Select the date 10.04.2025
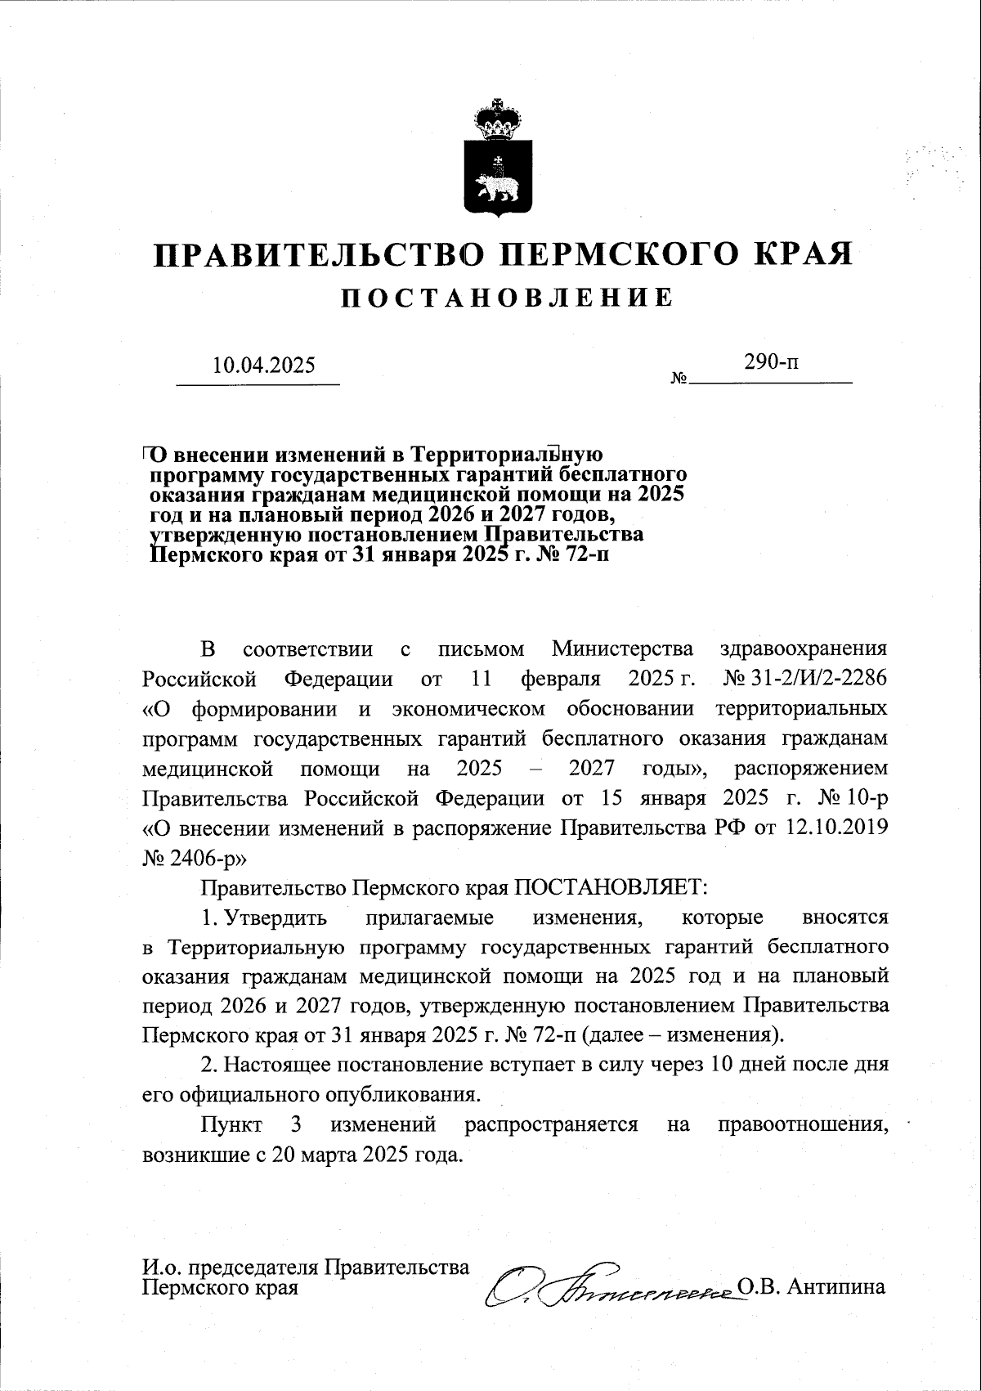(x=263, y=365)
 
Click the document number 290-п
(x=772, y=361)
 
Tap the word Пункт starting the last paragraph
(x=231, y=1124)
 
